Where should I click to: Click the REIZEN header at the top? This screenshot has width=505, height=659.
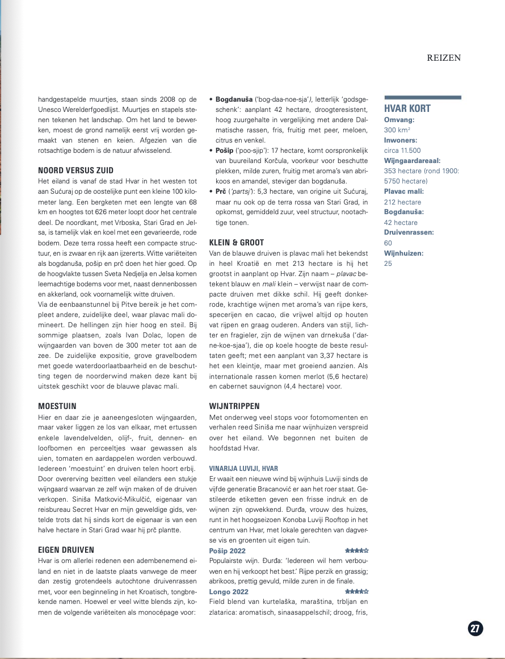444,57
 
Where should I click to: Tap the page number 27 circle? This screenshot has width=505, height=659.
475,628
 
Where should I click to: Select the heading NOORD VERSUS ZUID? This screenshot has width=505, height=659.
75,170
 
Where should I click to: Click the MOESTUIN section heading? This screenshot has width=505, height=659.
57,407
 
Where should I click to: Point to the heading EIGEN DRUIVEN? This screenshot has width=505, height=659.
66,549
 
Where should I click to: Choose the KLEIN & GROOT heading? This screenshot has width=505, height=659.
236,241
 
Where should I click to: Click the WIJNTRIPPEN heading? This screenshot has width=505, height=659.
234,406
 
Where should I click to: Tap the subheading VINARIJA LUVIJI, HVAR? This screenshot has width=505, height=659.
243,469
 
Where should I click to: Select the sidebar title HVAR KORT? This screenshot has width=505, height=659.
407,109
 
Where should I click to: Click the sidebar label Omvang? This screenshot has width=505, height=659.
399,120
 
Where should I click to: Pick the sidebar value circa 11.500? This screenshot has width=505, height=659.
402,151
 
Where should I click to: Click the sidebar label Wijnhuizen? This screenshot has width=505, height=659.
405,253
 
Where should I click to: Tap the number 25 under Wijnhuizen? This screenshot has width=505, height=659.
388,263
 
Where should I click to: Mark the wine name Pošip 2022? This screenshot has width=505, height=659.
228,550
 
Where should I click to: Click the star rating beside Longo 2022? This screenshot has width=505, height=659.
357,591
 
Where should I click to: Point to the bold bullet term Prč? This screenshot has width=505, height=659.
221,191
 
